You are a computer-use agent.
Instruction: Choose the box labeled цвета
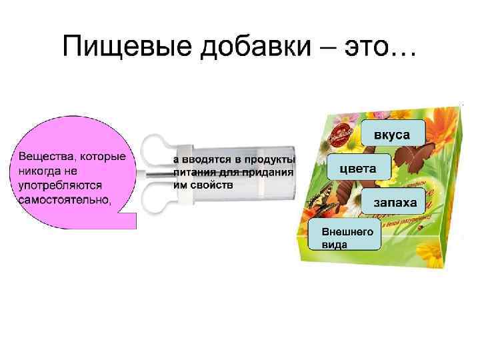[x=358, y=167]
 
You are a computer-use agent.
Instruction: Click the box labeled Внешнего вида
[x=343, y=237]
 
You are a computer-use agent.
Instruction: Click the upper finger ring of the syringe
[x=155, y=150]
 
